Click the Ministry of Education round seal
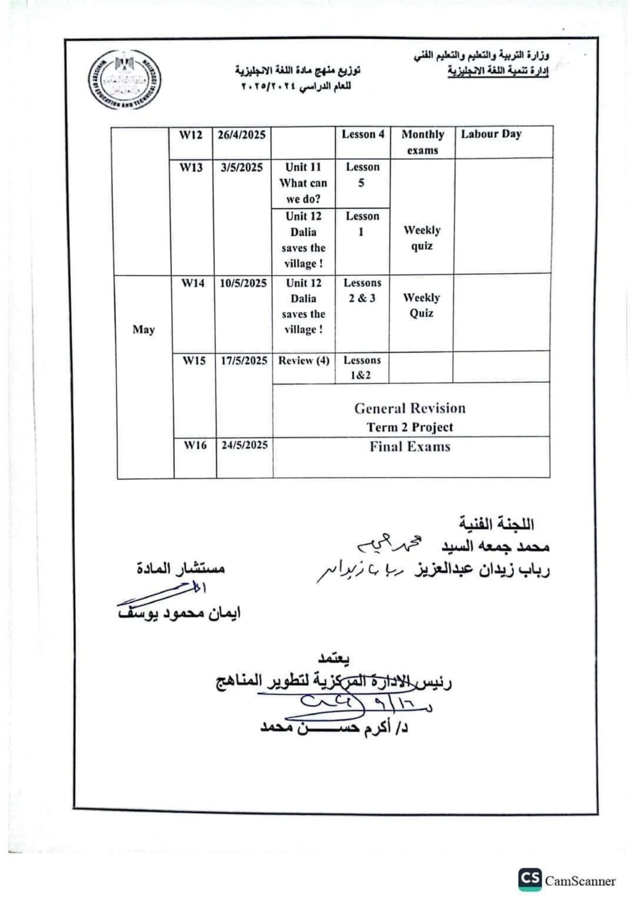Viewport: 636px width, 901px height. (x=125, y=80)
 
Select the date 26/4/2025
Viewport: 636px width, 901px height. (x=242, y=135)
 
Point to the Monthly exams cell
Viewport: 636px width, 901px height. (x=422, y=142)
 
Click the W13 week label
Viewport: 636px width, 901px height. (x=191, y=167)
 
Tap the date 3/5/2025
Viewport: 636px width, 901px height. (x=242, y=167)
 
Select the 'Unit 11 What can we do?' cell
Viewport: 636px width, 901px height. (x=303, y=183)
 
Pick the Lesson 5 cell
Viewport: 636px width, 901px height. (x=362, y=175)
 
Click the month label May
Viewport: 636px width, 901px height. (x=144, y=329)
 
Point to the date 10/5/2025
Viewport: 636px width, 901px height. (x=243, y=283)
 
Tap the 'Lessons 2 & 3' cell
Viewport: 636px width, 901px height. (x=362, y=290)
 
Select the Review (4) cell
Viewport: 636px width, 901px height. (x=304, y=360)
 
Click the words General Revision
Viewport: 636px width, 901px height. (x=410, y=408)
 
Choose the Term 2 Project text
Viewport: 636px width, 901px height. (x=410, y=427)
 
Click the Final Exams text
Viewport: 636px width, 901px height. (x=410, y=447)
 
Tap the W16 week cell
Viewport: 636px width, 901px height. (x=195, y=445)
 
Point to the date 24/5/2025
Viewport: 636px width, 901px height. (x=245, y=445)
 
